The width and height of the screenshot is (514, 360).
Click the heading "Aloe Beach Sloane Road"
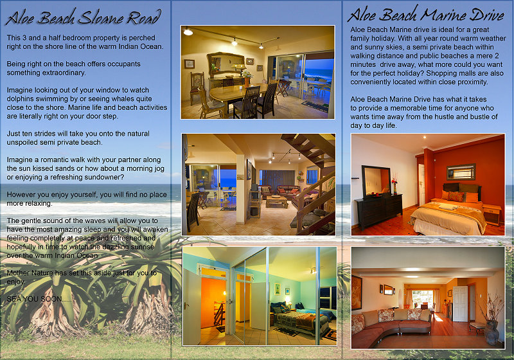click(x=84, y=17)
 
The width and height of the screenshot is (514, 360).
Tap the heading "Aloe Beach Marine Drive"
click(x=425, y=14)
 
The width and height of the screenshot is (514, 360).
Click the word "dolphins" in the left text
click(x=21, y=99)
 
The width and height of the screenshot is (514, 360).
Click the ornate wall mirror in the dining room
click(x=226, y=63)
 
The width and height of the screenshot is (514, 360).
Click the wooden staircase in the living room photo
click(x=312, y=184)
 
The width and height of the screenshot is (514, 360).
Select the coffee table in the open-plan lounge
click(x=277, y=201)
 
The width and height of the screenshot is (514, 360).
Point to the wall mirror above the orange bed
click(x=461, y=172)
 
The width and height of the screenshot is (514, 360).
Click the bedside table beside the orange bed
click(x=492, y=214)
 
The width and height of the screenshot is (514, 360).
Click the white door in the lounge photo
click(x=460, y=303)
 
